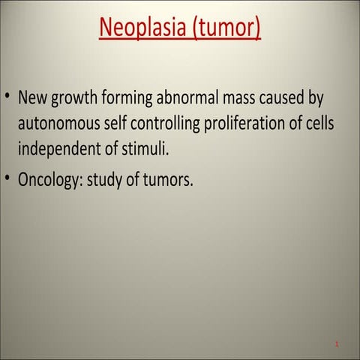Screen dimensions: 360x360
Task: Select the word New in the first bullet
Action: click(33, 98)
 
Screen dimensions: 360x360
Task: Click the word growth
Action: click(76, 98)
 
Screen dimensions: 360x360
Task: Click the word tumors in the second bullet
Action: click(168, 181)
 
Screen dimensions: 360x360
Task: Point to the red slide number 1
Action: click(337, 344)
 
